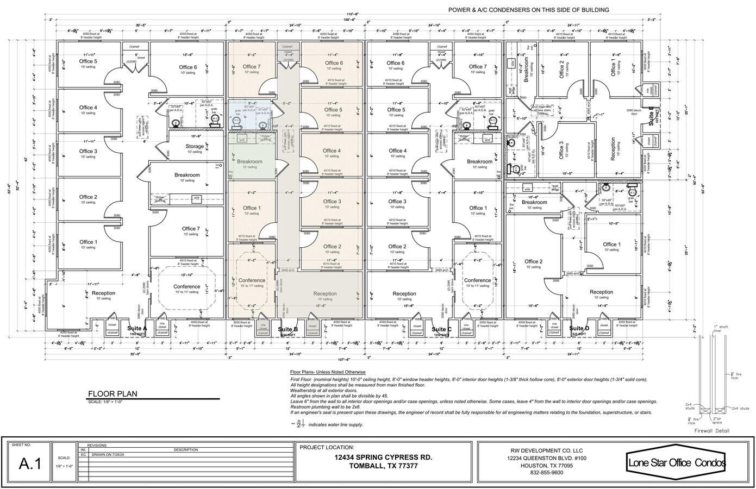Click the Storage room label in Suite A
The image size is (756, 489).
(195, 146)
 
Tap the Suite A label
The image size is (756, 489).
(137, 329)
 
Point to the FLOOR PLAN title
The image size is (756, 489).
(113, 394)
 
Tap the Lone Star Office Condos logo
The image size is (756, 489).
(676, 463)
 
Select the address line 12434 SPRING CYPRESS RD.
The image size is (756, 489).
(384, 457)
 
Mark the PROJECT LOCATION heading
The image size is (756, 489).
(330, 447)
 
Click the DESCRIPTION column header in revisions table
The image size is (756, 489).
(186, 449)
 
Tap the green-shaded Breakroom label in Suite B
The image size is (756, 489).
(249, 162)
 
